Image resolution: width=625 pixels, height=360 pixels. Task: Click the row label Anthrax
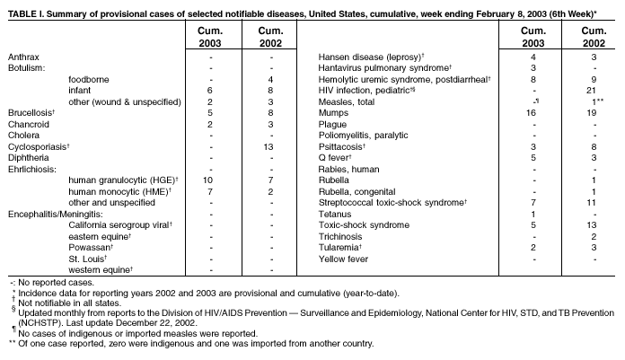[x=24, y=57]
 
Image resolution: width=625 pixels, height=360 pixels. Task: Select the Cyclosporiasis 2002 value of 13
[x=270, y=145]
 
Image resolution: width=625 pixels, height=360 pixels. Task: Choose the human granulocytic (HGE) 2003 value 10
[x=208, y=179]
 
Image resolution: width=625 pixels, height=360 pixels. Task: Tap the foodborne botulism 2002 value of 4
[x=270, y=79]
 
